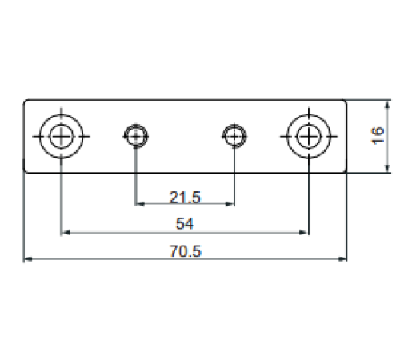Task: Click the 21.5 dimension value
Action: (x=185, y=198)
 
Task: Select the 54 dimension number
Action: (x=185, y=223)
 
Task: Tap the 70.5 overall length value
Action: (x=186, y=251)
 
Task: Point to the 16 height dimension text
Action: (x=378, y=136)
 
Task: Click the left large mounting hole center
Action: (x=61, y=136)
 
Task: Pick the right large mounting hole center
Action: (x=309, y=136)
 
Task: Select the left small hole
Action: (x=136, y=136)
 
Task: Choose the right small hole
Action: (x=234, y=136)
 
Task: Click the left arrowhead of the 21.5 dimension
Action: (x=140, y=204)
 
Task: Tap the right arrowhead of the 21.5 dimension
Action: (x=230, y=204)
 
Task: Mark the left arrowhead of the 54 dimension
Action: (x=66, y=233)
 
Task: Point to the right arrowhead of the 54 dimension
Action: (x=304, y=233)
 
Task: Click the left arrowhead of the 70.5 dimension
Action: (x=28, y=259)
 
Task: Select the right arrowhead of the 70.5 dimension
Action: (x=342, y=259)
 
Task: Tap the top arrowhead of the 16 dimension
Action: (x=387, y=105)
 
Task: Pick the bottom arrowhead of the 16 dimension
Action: (x=387, y=168)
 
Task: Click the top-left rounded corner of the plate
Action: (x=26, y=102)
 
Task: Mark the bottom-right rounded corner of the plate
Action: (x=345, y=171)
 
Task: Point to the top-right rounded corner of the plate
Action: (x=345, y=102)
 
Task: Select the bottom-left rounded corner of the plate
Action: (x=26, y=171)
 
